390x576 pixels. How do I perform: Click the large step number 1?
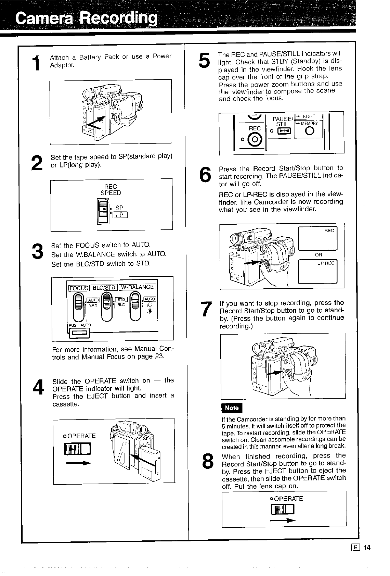tap(36, 64)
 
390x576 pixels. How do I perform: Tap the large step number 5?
tap(204, 61)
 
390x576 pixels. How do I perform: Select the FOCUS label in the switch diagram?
tap(79, 287)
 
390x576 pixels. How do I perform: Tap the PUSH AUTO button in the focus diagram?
tap(79, 332)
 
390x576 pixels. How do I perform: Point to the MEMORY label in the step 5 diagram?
tap(308, 123)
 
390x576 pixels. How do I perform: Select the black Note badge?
tap(232, 408)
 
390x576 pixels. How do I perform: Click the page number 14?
tap(367, 548)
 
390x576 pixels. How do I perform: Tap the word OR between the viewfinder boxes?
tap(318, 254)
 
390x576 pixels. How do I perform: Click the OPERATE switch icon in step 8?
tap(282, 510)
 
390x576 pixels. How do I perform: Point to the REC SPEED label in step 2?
tap(110, 190)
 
